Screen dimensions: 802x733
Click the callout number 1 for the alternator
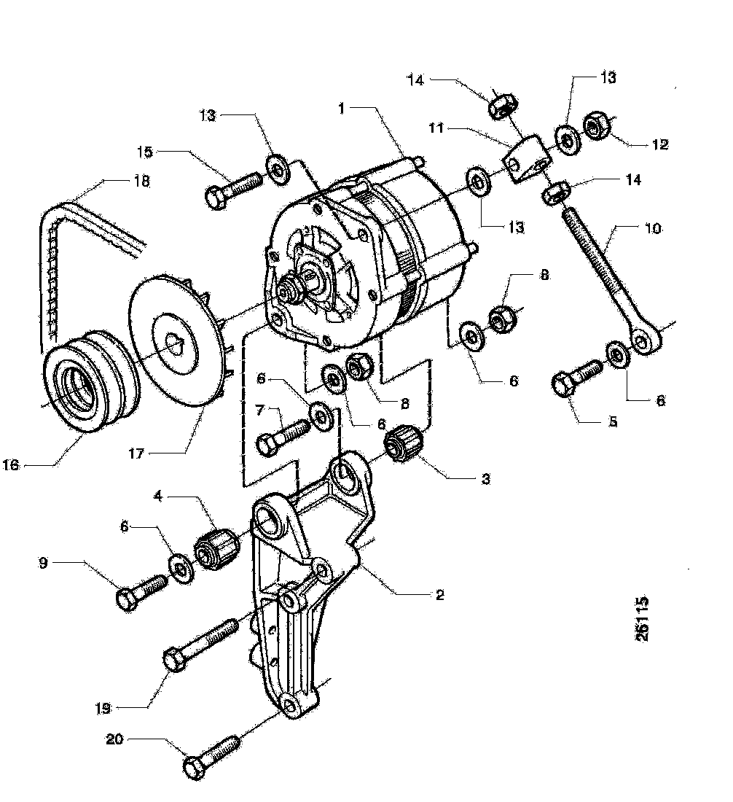point(341,108)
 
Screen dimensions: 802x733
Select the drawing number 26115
point(641,620)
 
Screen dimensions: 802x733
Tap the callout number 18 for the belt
point(141,183)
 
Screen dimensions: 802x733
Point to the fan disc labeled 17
point(175,343)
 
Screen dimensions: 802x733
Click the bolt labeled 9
point(141,588)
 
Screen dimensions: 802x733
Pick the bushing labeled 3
point(403,443)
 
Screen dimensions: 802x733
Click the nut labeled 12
point(596,128)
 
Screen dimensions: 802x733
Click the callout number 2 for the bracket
point(439,594)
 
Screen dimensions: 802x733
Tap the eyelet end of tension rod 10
point(643,339)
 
